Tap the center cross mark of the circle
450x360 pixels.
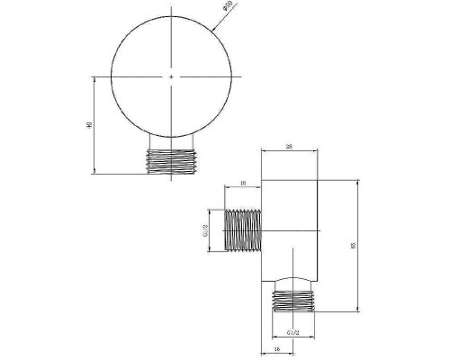click(171, 77)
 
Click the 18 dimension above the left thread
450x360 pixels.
click(243, 184)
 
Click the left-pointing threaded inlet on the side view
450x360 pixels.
click(241, 231)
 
